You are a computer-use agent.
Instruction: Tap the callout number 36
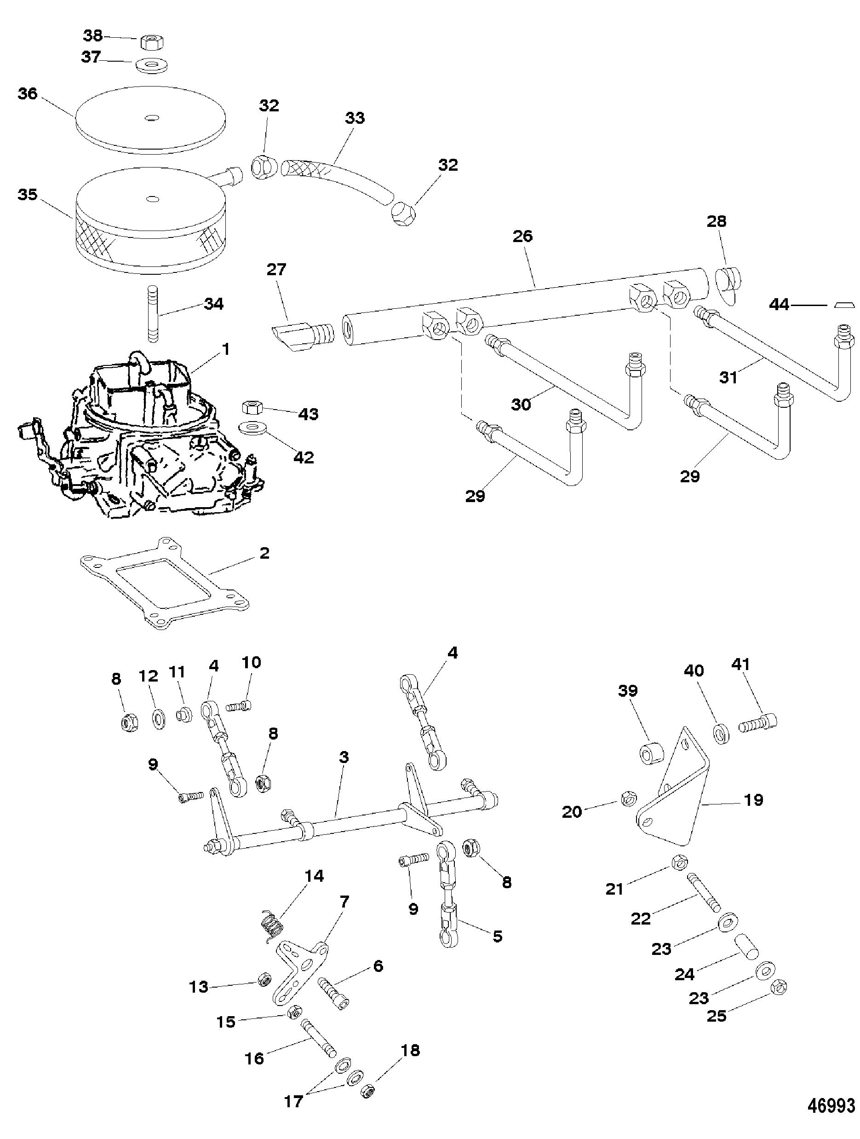coord(28,94)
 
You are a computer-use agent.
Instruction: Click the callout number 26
coord(523,237)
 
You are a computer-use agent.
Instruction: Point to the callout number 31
coord(728,377)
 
